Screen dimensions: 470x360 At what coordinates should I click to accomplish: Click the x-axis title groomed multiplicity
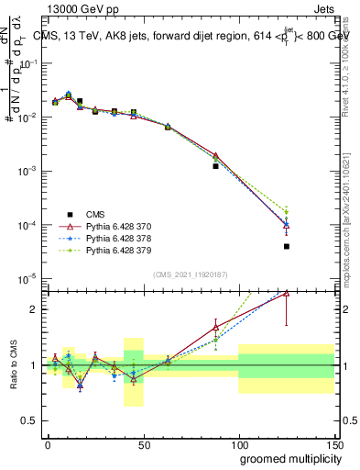286,457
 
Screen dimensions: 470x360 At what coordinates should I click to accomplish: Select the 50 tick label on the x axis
143,443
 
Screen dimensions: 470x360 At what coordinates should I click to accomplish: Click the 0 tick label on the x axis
48,443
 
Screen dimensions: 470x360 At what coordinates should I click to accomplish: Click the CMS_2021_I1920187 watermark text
190,274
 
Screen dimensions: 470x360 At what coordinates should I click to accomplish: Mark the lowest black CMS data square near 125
287,246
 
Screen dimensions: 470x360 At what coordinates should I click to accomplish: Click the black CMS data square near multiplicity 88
215,166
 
